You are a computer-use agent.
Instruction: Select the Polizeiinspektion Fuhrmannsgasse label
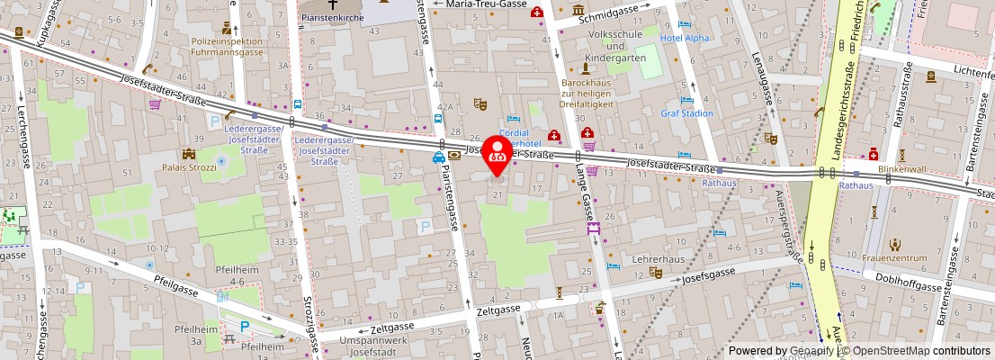(x=227, y=47)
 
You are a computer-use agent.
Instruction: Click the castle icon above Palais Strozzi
(x=189, y=154)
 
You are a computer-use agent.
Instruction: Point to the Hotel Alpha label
(x=685, y=38)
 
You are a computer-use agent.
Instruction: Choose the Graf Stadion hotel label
(x=686, y=113)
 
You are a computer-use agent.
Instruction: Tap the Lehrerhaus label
(x=652, y=258)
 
